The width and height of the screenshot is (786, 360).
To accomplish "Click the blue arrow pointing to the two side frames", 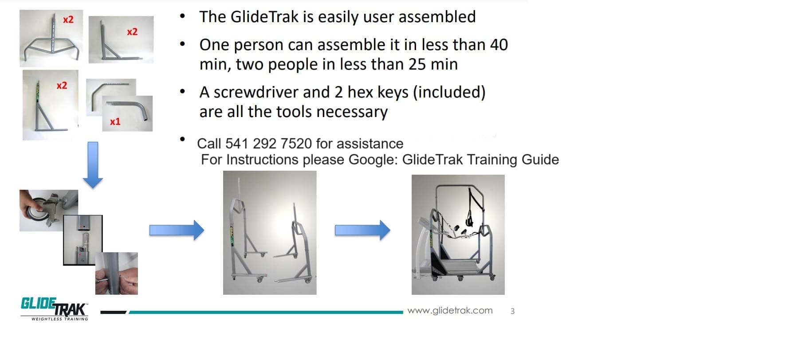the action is (x=177, y=230).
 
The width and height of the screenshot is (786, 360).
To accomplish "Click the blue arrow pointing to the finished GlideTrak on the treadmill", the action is (x=362, y=230).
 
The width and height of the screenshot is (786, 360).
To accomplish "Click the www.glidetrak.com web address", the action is (x=450, y=310).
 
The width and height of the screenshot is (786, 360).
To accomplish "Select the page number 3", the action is (x=512, y=311).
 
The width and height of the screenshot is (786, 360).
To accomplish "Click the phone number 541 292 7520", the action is (x=269, y=144).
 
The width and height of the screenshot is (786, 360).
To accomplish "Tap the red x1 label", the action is (x=115, y=121).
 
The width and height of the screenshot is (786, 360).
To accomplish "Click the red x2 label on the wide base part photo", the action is (x=68, y=20).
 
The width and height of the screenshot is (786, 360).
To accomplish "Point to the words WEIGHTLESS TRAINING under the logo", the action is (x=59, y=319).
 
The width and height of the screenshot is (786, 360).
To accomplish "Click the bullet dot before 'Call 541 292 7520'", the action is (x=182, y=139).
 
